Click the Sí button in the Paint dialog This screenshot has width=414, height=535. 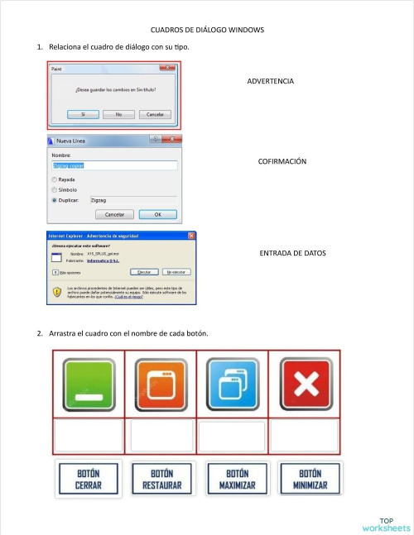pyautogui.click(x=83, y=114)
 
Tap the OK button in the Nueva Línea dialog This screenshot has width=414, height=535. pyautogui.click(x=158, y=214)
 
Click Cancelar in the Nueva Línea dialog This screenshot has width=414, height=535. pyautogui.click(x=114, y=214)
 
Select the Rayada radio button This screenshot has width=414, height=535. pyautogui.click(x=55, y=179)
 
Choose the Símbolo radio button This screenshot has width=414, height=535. pyautogui.click(x=55, y=189)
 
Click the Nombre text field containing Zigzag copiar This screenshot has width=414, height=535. pyautogui.click(x=114, y=165)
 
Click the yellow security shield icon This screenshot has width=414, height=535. pyautogui.click(x=57, y=291)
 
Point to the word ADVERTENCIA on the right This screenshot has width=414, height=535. pyautogui.click(x=271, y=81)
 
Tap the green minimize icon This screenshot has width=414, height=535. pyautogui.click(x=89, y=384)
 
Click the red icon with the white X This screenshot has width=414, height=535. pyautogui.click(x=305, y=384)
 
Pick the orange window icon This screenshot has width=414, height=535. pyautogui.click(x=161, y=384)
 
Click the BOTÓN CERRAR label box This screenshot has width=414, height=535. pyautogui.click(x=89, y=480)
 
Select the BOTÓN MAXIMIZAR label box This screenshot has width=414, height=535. pyautogui.click(x=233, y=480)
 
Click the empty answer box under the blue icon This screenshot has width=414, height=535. pyautogui.click(x=233, y=436)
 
